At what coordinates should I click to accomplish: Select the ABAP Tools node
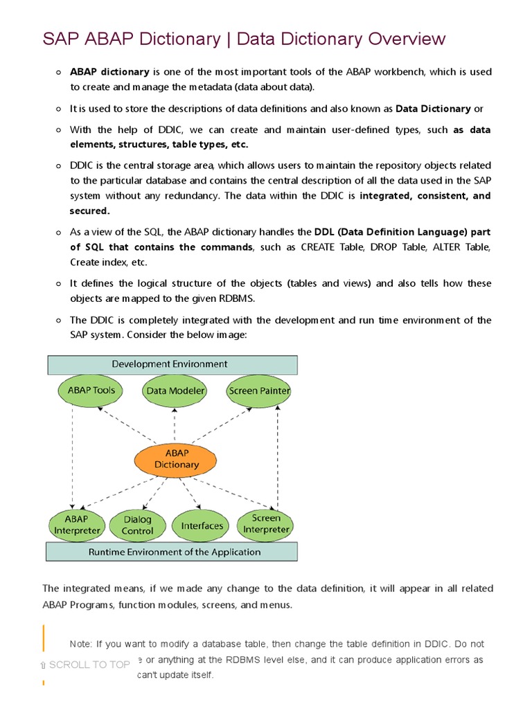(91, 391)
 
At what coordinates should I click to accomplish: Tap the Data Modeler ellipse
(176, 391)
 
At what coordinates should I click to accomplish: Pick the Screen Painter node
(259, 391)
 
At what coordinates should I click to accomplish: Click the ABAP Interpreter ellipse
(77, 526)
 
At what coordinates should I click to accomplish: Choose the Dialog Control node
(137, 526)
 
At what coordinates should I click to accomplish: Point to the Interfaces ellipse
(202, 526)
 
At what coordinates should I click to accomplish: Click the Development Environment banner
(172, 364)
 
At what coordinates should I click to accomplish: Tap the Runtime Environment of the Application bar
(172, 552)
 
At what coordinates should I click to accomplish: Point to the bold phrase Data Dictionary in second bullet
(433, 109)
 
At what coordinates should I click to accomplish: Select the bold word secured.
(89, 210)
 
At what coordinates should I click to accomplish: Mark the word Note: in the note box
(82, 643)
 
